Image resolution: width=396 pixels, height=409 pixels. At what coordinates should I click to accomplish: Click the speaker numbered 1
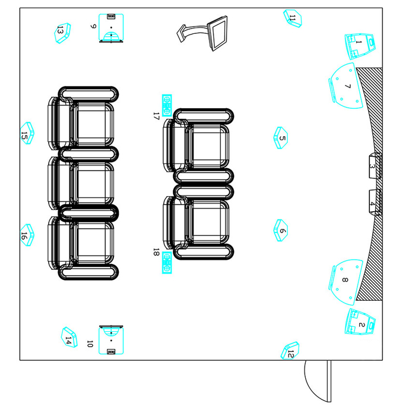360,46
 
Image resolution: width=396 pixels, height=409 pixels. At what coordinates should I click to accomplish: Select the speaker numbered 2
360,322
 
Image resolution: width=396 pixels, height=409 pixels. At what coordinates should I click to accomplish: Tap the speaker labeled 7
346,86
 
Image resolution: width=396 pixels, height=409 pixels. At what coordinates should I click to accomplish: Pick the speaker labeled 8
346,282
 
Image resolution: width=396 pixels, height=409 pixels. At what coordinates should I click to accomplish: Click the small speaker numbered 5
281,138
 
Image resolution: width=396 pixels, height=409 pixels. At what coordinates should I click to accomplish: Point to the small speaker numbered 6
281,230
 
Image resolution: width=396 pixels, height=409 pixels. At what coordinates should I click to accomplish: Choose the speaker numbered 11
293,18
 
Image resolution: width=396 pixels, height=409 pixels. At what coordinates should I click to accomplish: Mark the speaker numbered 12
290,351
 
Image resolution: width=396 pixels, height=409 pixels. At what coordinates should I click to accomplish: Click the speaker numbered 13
62,33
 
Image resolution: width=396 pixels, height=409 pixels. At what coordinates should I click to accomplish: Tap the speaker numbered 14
69,337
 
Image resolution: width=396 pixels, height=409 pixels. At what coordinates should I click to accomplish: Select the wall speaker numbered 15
27,133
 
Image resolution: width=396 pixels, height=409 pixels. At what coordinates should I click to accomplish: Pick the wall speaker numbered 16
27,235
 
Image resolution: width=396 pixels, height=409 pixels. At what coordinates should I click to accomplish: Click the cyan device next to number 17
167,105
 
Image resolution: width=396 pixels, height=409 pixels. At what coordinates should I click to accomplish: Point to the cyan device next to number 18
167,262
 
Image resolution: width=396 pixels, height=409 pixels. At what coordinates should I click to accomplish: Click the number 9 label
93,26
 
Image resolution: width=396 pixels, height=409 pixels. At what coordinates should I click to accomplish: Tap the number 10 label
90,344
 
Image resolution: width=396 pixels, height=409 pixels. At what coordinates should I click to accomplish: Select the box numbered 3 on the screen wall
375,166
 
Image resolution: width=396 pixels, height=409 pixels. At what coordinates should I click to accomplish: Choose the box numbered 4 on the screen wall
375,202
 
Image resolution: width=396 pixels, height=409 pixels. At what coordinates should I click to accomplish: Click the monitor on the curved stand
217,33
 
